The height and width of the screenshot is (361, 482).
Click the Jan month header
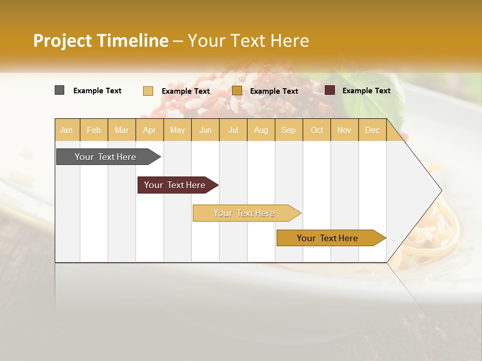pyautogui.click(x=67, y=130)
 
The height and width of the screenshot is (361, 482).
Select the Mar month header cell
pyautogui.click(x=122, y=130)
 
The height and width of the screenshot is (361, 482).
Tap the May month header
pyautogui.click(x=177, y=130)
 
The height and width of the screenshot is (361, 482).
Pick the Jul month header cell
pyautogui.click(x=233, y=130)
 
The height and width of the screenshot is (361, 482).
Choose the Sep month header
pyautogui.click(x=288, y=130)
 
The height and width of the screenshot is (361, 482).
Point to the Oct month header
pyautogui.click(x=317, y=130)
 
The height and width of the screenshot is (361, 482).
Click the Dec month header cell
pyautogui.click(x=372, y=130)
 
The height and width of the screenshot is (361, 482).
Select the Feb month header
pyautogui.click(x=94, y=130)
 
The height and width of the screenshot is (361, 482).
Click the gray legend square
pyautogui.click(x=59, y=90)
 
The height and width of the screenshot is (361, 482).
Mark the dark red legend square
pyautogui.click(x=330, y=90)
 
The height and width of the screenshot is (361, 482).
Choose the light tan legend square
pyautogui.click(x=148, y=91)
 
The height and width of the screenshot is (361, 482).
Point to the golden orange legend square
pyautogui.click(x=237, y=91)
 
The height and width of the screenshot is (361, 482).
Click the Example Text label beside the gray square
pyautogui.click(x=97, y=91)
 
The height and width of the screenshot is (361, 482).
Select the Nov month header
pyautogui.click(x=344, y=130)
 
